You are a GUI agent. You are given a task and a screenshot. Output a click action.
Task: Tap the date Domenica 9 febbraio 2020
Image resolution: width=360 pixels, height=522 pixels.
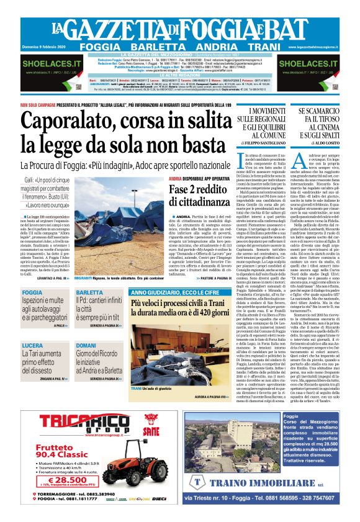[x=38, y=47]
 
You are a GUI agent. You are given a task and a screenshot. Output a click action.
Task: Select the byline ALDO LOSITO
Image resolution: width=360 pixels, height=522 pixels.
[x=325, y=143]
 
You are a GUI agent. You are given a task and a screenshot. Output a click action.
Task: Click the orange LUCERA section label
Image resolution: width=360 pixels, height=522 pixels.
[x=32, y=345]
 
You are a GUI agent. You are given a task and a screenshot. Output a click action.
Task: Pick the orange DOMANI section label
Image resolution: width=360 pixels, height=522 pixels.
[x=86, y=345]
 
